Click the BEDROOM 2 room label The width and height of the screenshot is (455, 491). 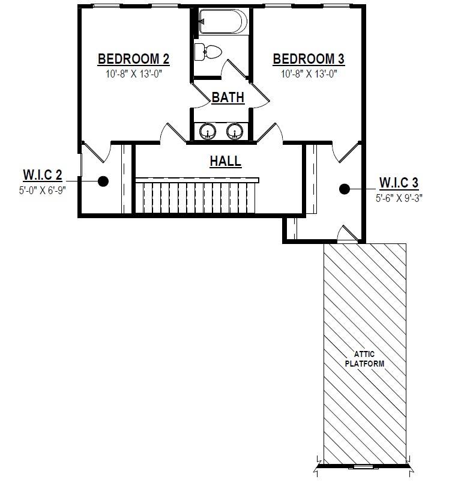point(133,59)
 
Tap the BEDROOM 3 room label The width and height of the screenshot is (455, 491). point(309,59)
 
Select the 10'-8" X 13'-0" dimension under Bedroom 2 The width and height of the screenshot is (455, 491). point(133,74)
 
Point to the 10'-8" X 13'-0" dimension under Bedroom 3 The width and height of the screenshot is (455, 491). point(309,74)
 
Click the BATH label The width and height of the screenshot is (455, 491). point(228,97)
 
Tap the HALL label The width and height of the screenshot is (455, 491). point(226,161)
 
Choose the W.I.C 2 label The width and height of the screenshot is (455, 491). point(43,175)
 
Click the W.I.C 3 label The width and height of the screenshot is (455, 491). point(399,183)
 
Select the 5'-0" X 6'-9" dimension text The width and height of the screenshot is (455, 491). point(43,191)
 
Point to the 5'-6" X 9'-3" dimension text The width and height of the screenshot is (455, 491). point(399,198)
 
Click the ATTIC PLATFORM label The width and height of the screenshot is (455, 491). point(364,359)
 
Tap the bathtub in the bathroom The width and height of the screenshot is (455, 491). point(223,21)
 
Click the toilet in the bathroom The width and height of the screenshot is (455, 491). point(208,52)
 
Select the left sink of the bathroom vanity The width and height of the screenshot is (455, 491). point(208,131)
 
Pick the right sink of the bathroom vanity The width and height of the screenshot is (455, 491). point(235,131)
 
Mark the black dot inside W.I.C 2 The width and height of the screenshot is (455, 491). point(103,181)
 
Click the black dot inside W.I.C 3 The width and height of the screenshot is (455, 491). point(345,189)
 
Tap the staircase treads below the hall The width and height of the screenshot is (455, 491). point(196,197)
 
